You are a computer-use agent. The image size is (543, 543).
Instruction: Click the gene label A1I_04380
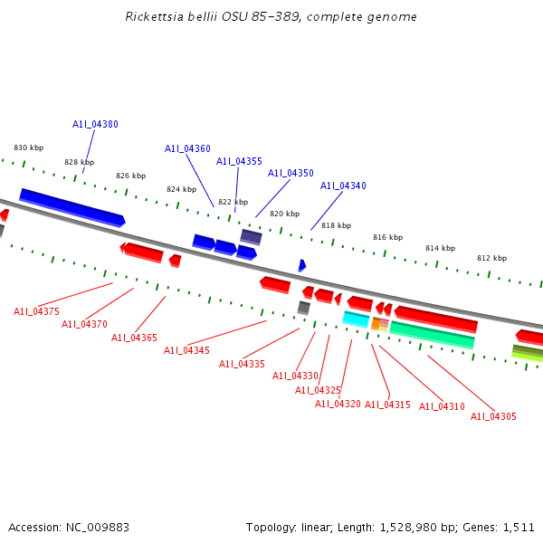pos(95,125)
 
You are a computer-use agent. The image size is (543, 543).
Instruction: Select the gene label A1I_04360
pos(187,148)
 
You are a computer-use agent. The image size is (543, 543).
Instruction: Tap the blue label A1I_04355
pos(239,161)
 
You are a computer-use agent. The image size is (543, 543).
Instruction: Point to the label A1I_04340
pos(343,186)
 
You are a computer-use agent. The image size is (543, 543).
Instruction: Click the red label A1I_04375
pos(36,311)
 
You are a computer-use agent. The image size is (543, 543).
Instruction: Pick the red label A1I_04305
pos(493,416)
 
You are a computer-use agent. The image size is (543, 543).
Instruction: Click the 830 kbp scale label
pos(28,148)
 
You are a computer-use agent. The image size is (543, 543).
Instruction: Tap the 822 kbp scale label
pos(233,202)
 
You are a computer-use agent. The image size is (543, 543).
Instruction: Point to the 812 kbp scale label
pos(491,258)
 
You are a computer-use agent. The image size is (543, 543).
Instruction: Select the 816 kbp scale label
pos(387,237)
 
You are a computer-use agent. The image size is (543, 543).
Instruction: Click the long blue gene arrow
pos(71,207)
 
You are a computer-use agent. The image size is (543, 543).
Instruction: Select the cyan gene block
pos(356,319)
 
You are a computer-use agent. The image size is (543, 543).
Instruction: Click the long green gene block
pos(432,335)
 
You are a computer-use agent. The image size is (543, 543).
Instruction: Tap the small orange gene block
pos(376,323)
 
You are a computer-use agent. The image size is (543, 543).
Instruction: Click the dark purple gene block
pos(251,237)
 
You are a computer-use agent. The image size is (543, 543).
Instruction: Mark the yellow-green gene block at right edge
pos(528,353)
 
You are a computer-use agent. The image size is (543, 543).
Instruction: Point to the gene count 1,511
pos(519,527)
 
